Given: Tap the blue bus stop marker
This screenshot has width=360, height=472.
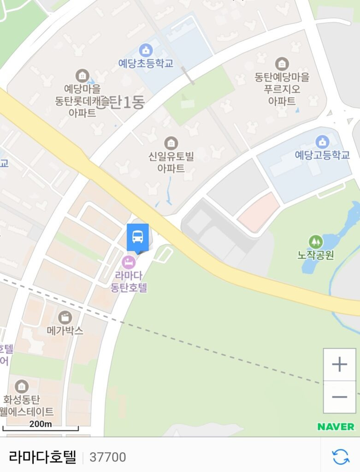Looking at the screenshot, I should click(x=138, y=237).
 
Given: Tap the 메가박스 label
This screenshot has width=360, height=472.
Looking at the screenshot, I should click(x=65, y=330).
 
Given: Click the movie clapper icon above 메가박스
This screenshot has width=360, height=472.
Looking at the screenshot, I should click(x=65, y=317).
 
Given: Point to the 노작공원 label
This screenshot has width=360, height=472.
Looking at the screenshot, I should click(x=316, y=254).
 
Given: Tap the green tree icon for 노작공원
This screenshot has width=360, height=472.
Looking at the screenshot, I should click(x=316, y=241).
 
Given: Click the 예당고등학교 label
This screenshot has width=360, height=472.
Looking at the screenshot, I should click(x=322, y=155).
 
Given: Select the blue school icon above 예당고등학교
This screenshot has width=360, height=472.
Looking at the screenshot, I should click(x=322, y=142).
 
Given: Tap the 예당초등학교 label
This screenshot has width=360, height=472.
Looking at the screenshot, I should click(x=146, y=64).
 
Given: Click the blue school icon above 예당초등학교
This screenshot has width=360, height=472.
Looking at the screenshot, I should click(x=146, y=50).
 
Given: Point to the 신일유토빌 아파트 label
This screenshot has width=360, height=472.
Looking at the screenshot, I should click(x=171, y=162).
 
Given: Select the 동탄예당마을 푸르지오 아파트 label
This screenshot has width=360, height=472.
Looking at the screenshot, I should click(x=282, y=89).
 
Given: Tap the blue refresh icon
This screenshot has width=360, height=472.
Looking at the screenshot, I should click(x=341, y=456).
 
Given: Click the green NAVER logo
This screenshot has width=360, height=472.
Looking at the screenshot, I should click(x=336, y=426).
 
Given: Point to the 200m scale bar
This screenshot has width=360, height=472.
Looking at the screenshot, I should click(x=41, y=426).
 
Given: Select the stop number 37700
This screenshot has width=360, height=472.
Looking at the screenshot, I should click(x=107, y=457).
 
